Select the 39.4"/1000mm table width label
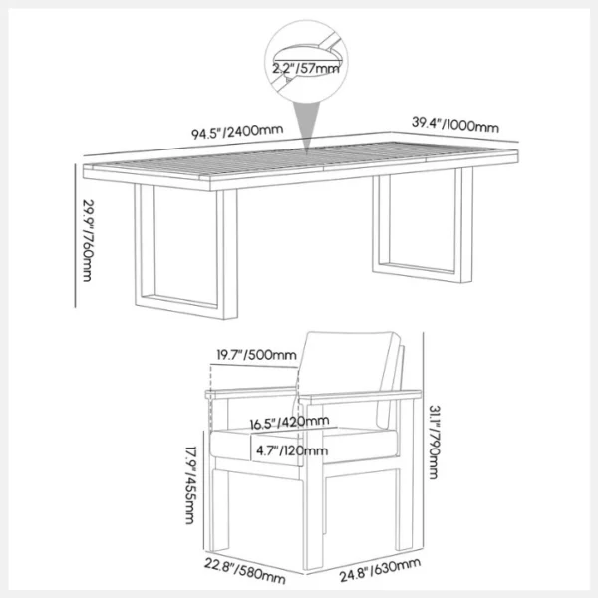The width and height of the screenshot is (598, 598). tap(455, 125)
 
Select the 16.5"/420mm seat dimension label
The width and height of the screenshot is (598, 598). tap(289, 422)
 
